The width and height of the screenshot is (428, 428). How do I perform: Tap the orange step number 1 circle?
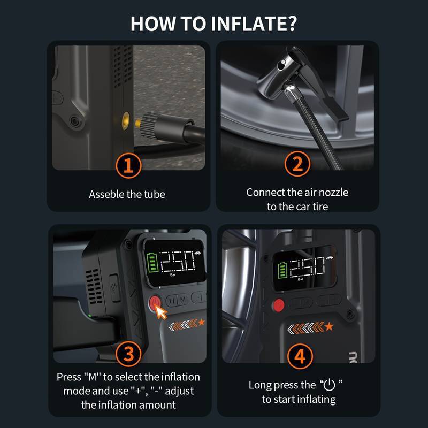(x=128, y=165)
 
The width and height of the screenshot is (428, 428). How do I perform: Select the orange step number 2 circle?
(x=297, y=164)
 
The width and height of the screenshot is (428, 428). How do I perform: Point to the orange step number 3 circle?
(x=128, y=354)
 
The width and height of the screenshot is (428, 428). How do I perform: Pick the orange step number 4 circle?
(x=300, y=356)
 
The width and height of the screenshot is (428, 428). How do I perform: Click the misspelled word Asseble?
(x=106, y=194)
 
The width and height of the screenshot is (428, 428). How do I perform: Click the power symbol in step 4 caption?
(x=329, y=385)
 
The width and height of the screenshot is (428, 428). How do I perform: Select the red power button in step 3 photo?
(x=155, y=303)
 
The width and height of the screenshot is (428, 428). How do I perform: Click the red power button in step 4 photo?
(x=278, y=305)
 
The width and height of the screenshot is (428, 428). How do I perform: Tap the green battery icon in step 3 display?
(x=152, y=262)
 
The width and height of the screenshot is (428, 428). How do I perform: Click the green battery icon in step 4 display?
(x=282, y=270)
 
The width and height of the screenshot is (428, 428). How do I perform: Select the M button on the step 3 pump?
(x=183, y=300)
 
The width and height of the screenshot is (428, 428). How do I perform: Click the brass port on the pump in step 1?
(x=126, y=121)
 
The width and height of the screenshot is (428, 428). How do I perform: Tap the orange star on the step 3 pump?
(x=202, y=322)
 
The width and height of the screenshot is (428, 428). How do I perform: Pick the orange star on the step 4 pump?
(x=329, y=326)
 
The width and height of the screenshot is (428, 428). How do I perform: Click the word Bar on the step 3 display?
(x=173, y=275)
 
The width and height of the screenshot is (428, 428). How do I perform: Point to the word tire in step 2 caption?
(x=320, y=207)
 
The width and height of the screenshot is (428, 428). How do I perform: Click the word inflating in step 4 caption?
(x=316, y=400)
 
